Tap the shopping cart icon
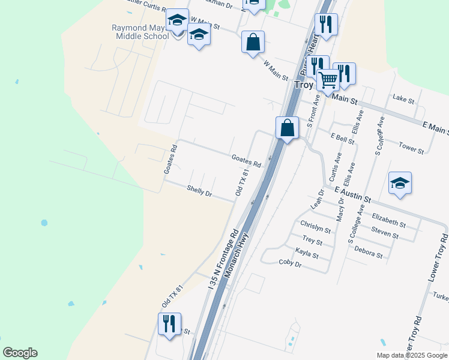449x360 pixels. click(x=328, y=80)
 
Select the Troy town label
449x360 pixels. click(x=304, y=85)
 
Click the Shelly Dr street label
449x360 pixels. click(x=199, y=191)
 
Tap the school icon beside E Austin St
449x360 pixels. click(x=400, y=184)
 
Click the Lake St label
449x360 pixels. click(x=403, y=98)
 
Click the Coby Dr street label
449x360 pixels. click(x=291, y=262)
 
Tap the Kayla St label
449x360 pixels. click(x=307, y=254)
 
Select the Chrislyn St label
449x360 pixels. click(x=315, y=228)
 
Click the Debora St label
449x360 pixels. click(x=368, y=251)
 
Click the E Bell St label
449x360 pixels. click(x=342, y=137)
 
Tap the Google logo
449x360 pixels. click(x=20, y=353)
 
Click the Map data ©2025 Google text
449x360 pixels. click(x=411, y=355)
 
